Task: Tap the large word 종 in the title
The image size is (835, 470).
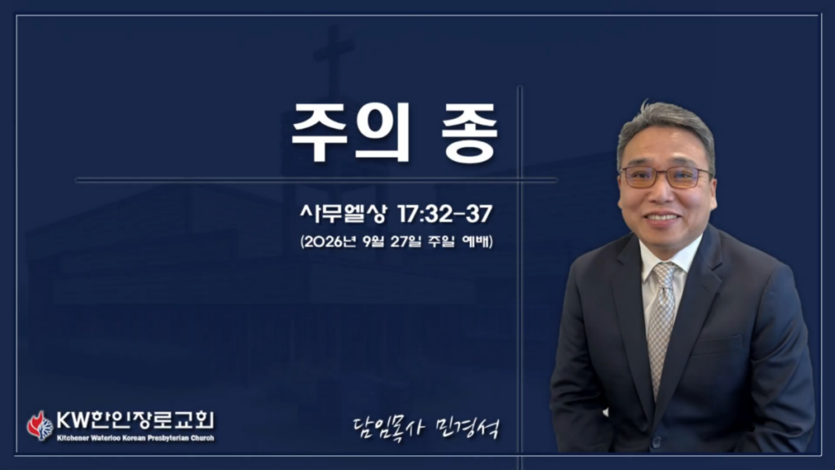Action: click(469, 132)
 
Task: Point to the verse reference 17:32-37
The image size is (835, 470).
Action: click(444, 214)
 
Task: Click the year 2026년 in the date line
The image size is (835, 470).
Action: click(329, 242)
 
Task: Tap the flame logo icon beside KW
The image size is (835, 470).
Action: click(40, 425)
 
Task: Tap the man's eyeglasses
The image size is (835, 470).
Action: click(666, 176)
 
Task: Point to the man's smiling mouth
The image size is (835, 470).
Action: click(662, 218)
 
